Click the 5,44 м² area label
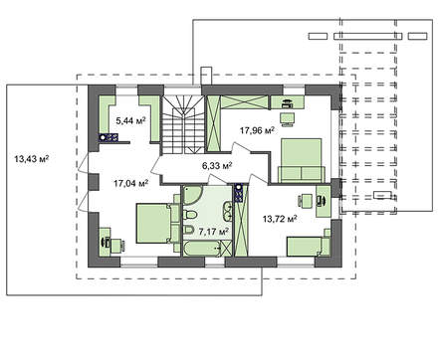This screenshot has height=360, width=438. pos(130,120)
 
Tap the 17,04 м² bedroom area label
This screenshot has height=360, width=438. pos(130,183)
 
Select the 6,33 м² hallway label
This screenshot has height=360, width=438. pos(217,165)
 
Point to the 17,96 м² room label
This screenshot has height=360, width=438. pos(257,130)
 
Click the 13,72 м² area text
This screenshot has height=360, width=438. pos(280,219)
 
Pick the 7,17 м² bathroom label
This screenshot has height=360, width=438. pos(214,232)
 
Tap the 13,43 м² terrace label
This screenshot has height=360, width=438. pos(32,159)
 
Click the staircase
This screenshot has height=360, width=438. pos(183,124)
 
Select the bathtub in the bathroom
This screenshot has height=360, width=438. pos(202,249)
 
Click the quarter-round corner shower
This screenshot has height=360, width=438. pos(191,194)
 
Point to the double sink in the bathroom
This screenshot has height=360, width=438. pos(228,211)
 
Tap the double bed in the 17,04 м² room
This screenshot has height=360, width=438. pos(158,224)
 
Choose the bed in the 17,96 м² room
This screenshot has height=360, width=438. pos(302,160)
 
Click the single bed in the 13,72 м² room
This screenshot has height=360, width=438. pos(309,247)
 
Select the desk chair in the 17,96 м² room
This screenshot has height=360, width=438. pos(287,119)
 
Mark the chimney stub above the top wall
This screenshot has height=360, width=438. pos(206,76)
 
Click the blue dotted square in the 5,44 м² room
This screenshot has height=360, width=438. pos(109,137)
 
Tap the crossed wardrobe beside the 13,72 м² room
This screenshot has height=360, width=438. pos(241,229)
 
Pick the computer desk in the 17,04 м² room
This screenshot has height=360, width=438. pos(106,242)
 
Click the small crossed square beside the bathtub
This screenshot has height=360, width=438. pos(226,249)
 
